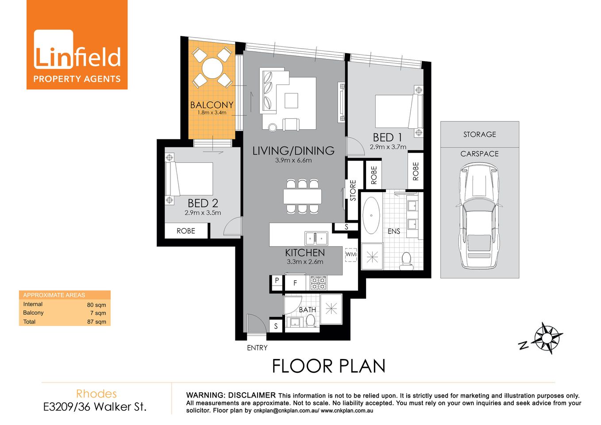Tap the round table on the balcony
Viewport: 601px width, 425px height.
click(213, 68)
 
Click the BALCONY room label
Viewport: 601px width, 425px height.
click(212, 105)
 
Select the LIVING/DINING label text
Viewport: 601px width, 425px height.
click(293, 151)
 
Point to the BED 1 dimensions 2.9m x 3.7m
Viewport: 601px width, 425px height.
click(388, 147)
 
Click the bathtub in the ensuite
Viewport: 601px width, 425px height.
click(371, 215)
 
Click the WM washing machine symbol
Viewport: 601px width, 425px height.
click(351, 255)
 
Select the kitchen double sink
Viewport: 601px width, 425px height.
click(316, 239)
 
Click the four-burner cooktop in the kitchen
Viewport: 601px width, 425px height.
click(318, 282)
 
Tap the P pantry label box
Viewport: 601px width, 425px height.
click(277, 280)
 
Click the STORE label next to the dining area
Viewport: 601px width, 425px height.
click(353, 190)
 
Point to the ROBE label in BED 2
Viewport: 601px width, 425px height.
click(186, 231)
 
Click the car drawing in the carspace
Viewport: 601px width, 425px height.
click(479, 216)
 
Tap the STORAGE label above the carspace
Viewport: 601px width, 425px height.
click(480, 134)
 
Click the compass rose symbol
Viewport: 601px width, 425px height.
click(547, 338)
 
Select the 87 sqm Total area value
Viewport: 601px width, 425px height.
click(96, 322)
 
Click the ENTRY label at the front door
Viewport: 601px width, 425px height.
click(257, 348)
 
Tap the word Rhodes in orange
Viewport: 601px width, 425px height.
click(96, 394)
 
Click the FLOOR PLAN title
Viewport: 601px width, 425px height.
click(328, 366)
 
